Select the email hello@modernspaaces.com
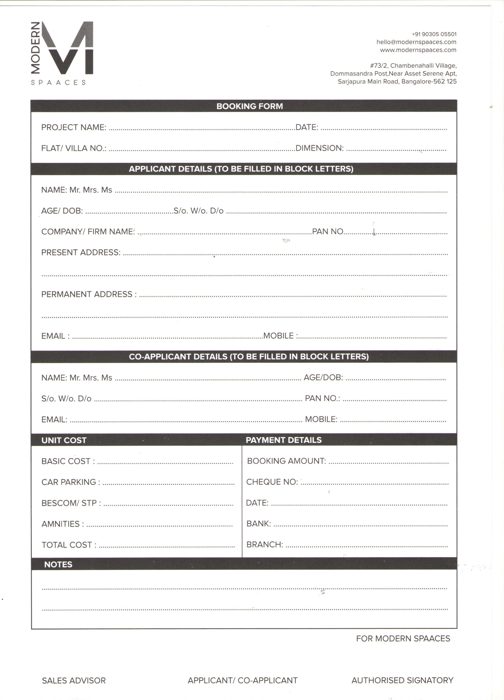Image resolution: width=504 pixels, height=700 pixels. click(416, 42)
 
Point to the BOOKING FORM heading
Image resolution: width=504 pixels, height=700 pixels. click(249, 106)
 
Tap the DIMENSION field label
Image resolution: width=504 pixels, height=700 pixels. click(319, 148)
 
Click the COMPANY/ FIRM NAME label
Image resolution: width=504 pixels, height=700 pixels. click(88, 232)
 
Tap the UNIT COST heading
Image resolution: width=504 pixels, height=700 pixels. click(64, 440)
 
